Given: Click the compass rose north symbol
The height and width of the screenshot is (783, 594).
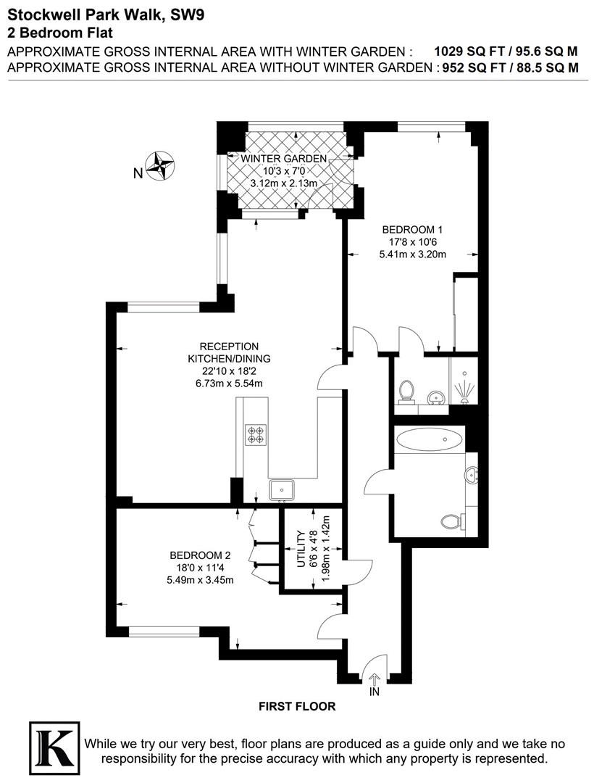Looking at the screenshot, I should coord(160,165).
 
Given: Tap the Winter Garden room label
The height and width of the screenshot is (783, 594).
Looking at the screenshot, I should coord(284,159).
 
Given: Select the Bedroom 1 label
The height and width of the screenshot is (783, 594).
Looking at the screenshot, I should coord(411,229).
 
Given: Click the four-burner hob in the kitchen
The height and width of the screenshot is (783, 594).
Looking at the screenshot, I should coord(255,434).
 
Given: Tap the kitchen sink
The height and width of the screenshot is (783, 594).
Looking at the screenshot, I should coord(281,490).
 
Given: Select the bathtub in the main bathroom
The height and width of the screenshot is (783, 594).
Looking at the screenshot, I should coord(431,439).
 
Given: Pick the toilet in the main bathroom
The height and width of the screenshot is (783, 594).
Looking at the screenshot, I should coord(451,520).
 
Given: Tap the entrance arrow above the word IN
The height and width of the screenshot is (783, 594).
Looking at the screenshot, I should coord(375,679).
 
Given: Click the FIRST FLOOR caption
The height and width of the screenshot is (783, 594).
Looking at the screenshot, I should coord(297,705).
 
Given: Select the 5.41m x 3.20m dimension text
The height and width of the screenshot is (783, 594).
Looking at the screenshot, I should coord(411,254).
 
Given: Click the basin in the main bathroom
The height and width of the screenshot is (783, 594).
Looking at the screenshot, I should coord(472,475).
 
